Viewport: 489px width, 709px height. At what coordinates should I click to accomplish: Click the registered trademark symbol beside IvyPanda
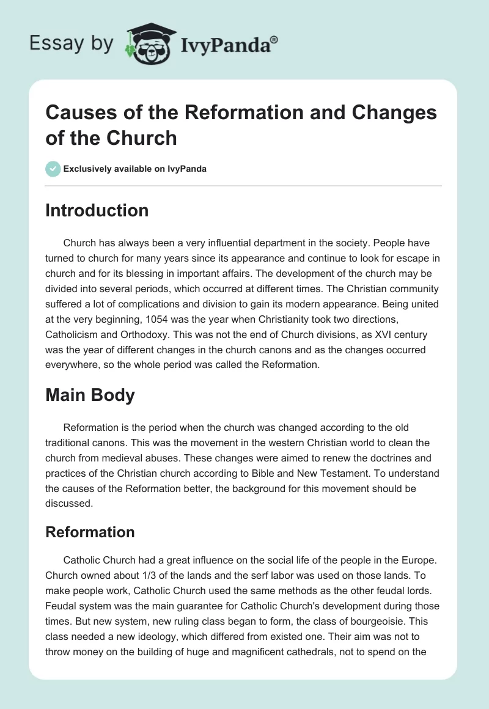(x=274, y=40)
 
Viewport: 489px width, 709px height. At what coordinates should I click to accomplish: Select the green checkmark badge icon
(x=53, y=169)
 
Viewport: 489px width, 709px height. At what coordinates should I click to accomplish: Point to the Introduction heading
(x=97, y=210)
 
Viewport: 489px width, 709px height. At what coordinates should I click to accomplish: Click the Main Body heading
(x=90, y=395)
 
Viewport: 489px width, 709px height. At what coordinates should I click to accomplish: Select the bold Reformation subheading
(x=90, y=532)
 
